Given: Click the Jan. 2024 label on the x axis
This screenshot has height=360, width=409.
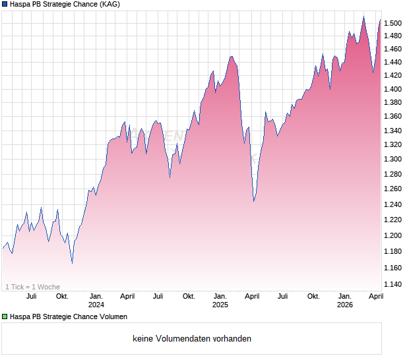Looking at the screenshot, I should tap(96, 300).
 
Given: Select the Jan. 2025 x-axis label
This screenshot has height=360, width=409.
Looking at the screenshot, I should tap(220, 300).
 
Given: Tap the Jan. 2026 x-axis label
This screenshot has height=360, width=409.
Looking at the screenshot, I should tap(344, 300).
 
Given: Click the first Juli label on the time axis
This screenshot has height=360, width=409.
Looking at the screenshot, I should tap(31, 296).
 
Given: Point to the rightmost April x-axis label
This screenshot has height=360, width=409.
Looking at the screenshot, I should tap(375, 296).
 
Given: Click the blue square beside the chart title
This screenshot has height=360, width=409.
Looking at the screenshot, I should tap(5, 4).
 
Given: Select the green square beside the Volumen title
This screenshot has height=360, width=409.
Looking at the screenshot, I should tap(5, 317).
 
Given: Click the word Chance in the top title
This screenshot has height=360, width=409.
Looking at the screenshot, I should tap(84, 4).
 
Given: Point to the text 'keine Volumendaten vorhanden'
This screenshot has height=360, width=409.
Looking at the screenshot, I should tap(192, 338).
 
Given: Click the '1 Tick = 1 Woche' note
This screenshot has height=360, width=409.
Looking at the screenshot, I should tap(32, 287).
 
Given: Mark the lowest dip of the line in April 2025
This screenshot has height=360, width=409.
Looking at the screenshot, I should tap(254, 201).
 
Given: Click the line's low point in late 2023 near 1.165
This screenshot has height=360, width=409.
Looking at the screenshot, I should tap(72, 263).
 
